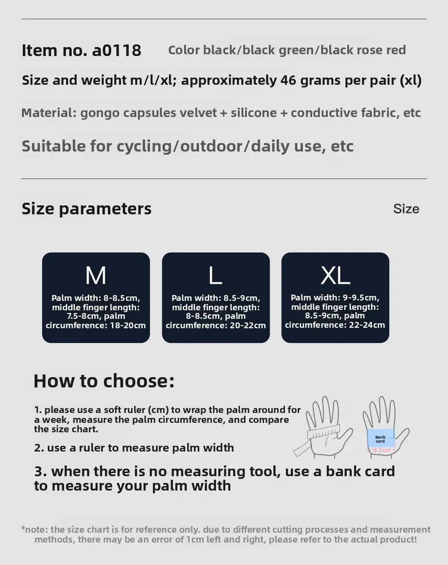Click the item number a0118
tap(116, 50)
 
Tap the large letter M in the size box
tap(96, 275)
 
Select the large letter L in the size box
tap(215, 275)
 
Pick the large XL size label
tap(335, 275)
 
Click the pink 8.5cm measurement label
tap(382, 450)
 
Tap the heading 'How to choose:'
tap(104, 381)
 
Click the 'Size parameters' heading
tap(86, 209)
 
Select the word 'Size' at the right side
tap(406, 209)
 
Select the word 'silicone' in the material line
tap(254, 113)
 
